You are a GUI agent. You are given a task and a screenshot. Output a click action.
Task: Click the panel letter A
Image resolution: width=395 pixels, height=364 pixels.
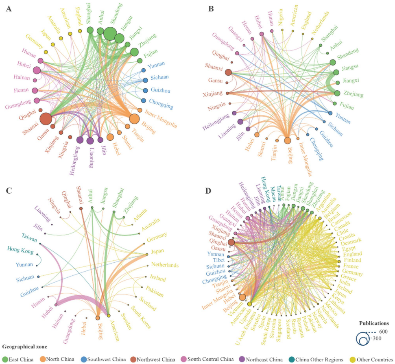click(x=8, y=8)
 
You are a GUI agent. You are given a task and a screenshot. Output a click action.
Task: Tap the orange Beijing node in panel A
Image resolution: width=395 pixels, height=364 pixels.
click(x=134, y=119)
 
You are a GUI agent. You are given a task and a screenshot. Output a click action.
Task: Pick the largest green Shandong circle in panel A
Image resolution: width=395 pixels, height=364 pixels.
click(x=110, y=33)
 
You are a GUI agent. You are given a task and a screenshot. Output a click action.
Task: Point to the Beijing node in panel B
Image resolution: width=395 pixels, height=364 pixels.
click(x=288, y=140)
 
